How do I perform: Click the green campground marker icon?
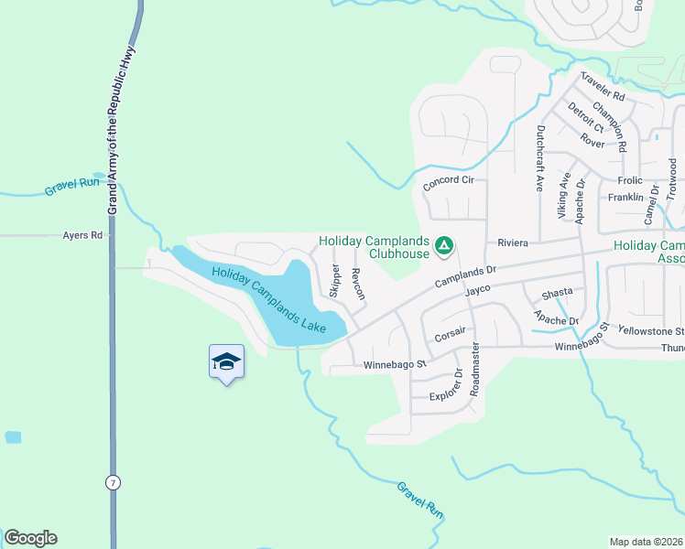coord(443,245)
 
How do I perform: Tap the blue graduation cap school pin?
coord(226,361)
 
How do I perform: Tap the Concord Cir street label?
coord(448,183)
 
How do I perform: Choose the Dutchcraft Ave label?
coord(539,158)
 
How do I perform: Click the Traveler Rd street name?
coord(602,88)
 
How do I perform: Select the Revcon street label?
coord(359,285)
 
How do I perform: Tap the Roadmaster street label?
coord(475,369)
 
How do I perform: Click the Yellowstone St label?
coord(650,330)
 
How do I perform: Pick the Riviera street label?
coord(515,243)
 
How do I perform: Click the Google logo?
coord(30,538)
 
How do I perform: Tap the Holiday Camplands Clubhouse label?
coord(374,247)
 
